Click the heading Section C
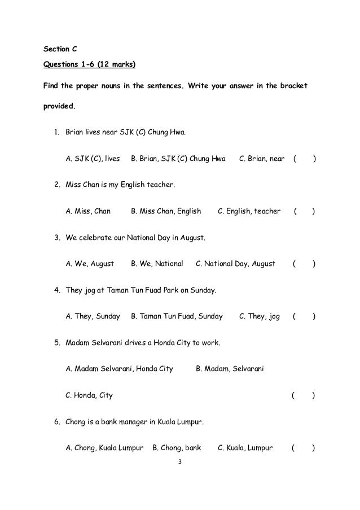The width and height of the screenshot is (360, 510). pyautogui.click(x=60, y=49)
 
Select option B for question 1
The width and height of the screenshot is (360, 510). pyautogui.click(x=178, y=159)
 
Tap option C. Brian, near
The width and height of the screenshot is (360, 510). pyautogui.click(x=262, y=159)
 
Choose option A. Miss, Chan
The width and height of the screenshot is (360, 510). pyautogui.click(x=88, y=211)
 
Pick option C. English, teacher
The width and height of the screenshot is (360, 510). pyautogui.click(x=249, y=211)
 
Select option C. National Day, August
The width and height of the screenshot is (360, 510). pyautogui.click(x=235, y=264)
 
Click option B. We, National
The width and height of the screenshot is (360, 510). pyautogui.click(x=157, y=264)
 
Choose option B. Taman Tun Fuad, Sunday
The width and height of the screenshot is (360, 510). pyautogui.click(x=177, y=316)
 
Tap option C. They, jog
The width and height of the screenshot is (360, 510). pyautogui.click(x=260, y=316)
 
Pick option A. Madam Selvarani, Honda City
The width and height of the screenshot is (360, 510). pyautogui.click(x=120, y=369)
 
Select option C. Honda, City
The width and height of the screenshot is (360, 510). pyautogui.click(x=89, y=395)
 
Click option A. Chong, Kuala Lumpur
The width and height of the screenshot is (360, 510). pyautogui.click(x=104, y=448)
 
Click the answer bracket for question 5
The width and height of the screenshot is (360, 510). pyautogui.click(x=303, y=395)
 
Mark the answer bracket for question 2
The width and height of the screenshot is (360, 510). pyautogui.click(x=304, y=211)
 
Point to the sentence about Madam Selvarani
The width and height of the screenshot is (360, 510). pyautogui.click(x=143, y=343)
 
